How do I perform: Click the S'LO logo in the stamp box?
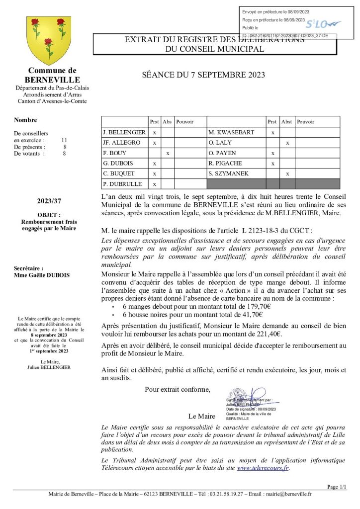point(322,23)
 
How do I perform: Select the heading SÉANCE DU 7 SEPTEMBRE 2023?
point(203,75)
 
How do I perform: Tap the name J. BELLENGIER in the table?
point(124,132)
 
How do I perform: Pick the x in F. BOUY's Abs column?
point(168,153)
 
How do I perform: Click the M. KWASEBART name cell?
point(231,132)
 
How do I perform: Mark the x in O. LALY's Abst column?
point(287,143)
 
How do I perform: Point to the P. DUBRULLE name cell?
point(122,184)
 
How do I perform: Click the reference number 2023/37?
point(49,201)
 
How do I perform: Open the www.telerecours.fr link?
point(263,467)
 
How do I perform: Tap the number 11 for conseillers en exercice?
point(64,140)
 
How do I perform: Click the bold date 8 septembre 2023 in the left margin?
point(49,335)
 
